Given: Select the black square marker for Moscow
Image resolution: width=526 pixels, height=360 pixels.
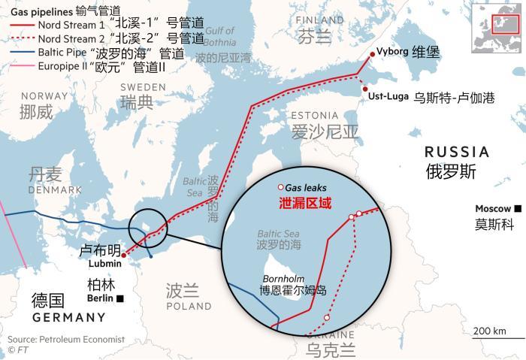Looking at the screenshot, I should [x=518, y=208].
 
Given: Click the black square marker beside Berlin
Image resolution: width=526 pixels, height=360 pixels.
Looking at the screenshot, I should [x=120, y=298].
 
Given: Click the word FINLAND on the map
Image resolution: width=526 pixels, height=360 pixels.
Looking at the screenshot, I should [x=319, y=20].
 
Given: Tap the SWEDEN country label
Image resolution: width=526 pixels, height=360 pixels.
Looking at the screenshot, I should [x=143, y=87].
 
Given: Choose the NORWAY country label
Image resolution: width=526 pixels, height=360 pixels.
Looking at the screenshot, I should [x=44, y=96].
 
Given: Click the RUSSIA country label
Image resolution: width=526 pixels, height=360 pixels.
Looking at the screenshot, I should [x=456, y=152].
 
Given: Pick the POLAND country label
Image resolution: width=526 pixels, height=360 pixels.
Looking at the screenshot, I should [x=189, y=307].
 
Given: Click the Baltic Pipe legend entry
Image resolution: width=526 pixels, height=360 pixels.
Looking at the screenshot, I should [x=105, y=53].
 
